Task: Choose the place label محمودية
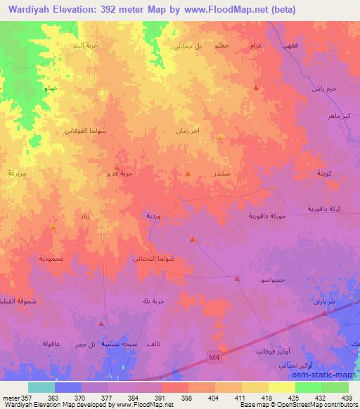click(51, 259)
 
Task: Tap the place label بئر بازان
click(325, 301)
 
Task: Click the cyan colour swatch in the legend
click(41, 387)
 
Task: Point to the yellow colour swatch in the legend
click(282, 387)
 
